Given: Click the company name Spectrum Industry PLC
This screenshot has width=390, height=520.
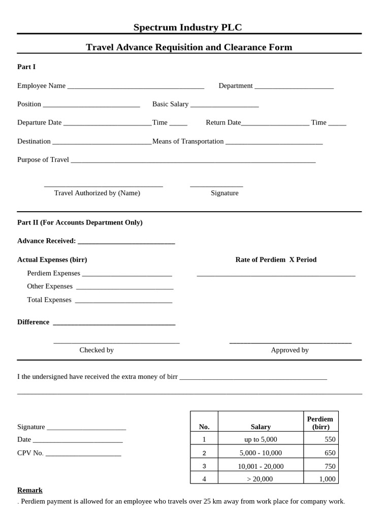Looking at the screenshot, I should (x=187, y=27).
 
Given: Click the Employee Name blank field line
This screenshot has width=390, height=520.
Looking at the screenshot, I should (x=136, y=88).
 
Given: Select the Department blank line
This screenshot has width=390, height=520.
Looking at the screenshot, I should (x=294, y=88).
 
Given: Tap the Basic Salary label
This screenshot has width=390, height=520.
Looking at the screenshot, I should (x=170, y=104).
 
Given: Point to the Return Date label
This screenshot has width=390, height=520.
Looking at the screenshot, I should (x=223, y=122).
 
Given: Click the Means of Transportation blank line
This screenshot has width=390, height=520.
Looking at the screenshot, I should (x=274, y=144).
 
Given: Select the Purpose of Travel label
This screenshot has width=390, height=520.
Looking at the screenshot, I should (x=43, y=159).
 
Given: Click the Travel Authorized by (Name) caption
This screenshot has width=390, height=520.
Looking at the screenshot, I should (x=97, y=193).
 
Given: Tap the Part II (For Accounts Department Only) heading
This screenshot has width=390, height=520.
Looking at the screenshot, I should (x=80, y=222).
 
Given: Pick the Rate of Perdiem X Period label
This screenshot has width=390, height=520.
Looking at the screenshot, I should (x=276, y=259).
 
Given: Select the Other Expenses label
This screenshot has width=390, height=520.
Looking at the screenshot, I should (x=50, y=286).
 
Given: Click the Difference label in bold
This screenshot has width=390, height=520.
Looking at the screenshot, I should (x=34, y=322).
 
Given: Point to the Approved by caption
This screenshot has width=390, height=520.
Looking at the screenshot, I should (x=289, y=350).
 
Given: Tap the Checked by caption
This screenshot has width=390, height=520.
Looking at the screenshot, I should (x=96, y=350).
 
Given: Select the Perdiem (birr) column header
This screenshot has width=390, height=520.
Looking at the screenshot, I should (x=320, y=422).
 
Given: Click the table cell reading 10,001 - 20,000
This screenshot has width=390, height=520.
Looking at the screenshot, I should (x=261, y=466).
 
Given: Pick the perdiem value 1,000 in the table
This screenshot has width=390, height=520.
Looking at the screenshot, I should (x=327, y=479).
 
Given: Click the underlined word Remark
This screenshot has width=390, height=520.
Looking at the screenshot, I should (x=30, y=490).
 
